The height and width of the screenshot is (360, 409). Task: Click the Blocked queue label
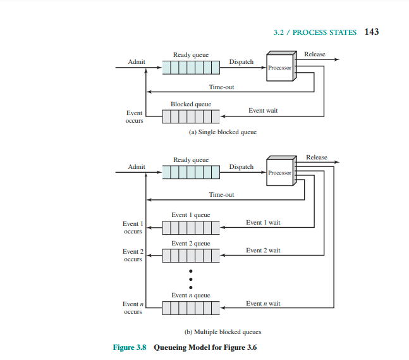point(191,104)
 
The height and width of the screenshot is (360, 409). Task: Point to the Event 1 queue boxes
point(191,227)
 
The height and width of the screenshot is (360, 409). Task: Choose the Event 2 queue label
point(191,244)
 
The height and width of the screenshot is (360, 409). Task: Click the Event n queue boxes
point(191,308)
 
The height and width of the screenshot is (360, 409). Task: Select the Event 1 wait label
point(263,223)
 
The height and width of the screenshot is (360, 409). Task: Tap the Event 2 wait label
point(263,251)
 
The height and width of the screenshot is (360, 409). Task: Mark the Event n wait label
point(263,304)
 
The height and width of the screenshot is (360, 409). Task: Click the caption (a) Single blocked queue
point(223,132)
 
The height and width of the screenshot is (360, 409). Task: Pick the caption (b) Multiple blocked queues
point(223,332)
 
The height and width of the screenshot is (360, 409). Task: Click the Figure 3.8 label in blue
point(130,348)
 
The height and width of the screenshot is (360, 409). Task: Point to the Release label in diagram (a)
point(315,54)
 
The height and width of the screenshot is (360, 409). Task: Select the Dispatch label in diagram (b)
point(241,167)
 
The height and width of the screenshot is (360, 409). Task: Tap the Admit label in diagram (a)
point(137,62)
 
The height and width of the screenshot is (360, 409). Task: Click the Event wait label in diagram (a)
point(263,111)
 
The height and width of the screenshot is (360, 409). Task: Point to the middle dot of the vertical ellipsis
point(191,278)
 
